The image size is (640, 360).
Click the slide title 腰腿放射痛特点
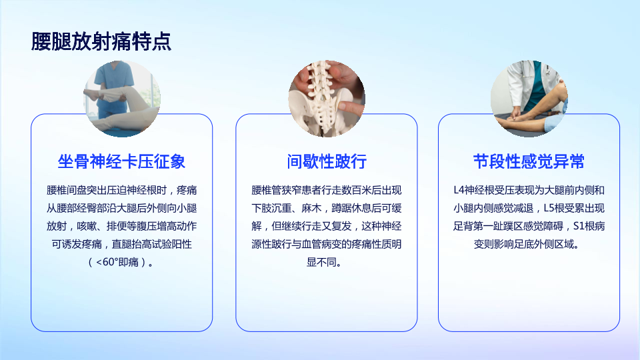pos(101,41)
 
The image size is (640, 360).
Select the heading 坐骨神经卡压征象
pos(121,161)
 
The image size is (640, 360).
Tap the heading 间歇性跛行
pos(327,161)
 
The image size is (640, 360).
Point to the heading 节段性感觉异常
pos(529,161)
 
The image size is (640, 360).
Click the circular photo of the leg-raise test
pos(121,99)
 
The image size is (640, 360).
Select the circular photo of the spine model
pos(327,99)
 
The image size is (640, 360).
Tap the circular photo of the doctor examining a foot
pos(529,99)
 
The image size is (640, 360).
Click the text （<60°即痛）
pos(121,262)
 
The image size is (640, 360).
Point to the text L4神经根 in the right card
pos(473,190)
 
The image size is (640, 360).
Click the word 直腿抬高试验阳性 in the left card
pos(152,244)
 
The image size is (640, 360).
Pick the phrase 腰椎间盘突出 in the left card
pos(77,190)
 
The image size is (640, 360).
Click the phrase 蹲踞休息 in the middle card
pos(351,208)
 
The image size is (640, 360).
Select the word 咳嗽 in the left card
pos(87,226)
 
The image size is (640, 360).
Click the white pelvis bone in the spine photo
pos(323,110)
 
